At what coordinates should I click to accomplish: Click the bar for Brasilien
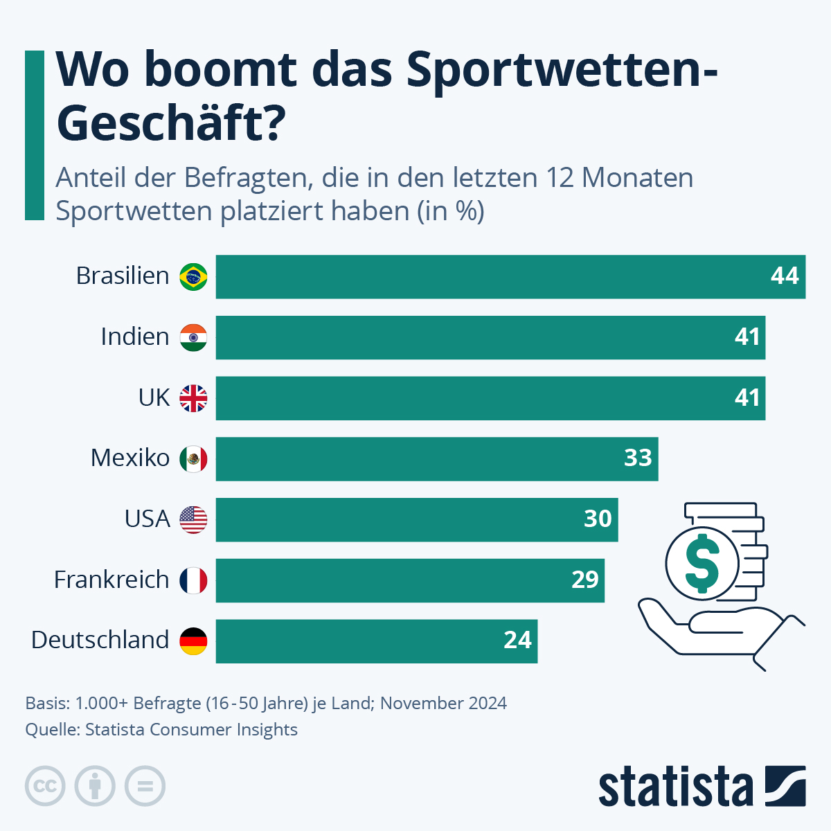[x=510, y=277]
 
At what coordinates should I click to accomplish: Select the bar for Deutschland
[x=376, y=641]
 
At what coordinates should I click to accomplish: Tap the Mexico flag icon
[x=193, y=458]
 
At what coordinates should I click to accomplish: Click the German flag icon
[x=193, y=641]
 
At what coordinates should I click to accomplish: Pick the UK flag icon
[x=193, y=398]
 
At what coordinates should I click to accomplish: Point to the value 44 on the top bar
[x=785, y=276]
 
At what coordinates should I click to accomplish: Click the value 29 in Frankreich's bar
[x=584, y=580]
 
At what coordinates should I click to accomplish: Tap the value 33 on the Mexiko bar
[x=638, y=458]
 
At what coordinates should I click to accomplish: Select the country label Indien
[x=135, y=337]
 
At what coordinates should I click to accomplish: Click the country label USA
[x=147, y=519]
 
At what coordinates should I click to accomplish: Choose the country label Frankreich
[x=111, y=580]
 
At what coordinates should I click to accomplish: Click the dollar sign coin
[x=702, y=562]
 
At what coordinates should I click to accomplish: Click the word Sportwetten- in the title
[x=562, y=71]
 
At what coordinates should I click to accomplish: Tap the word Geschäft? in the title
[x=170, y=123]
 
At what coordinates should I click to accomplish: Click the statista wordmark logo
[x=675, y=787]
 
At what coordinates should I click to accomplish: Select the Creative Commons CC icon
[x=45, y=787]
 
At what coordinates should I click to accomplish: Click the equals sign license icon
[x=145, y=787]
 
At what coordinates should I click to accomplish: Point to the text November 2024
[x=443, y=704]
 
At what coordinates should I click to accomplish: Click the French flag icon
[x=193, y=580]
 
